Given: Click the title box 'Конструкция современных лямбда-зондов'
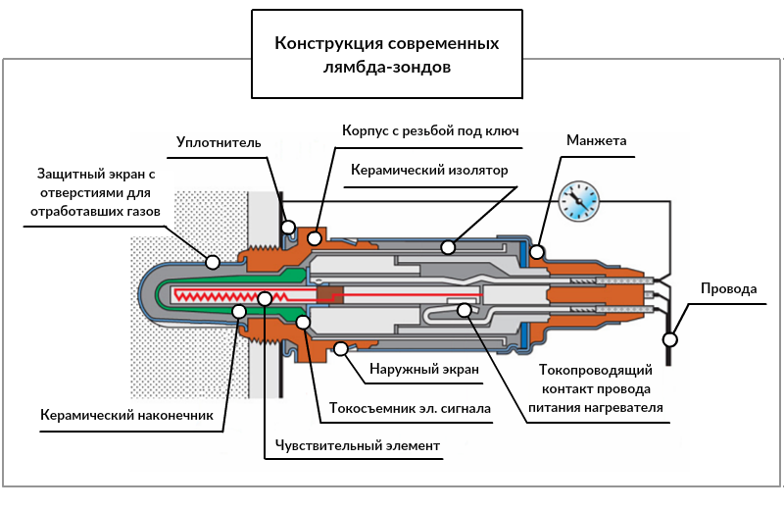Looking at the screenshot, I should [386, 56].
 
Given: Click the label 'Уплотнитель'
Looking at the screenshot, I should [219, 143].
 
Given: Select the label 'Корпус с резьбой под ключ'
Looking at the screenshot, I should [430, 129].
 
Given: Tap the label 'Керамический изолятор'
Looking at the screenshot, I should [430, 170].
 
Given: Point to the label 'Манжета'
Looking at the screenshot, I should [596, 141].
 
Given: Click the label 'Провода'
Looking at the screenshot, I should [728, 289].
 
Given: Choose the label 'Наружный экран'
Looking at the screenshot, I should [423, 370].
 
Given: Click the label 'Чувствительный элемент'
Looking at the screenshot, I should [358, 446].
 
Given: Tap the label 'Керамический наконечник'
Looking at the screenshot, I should [126, 414].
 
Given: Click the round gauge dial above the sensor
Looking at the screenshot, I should [576, 202].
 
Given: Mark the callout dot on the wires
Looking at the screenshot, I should [670, 339].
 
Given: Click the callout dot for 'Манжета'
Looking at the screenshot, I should [537, 252].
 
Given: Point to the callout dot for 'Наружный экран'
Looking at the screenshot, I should [341, 347].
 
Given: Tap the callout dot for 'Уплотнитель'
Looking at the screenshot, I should [289, 228].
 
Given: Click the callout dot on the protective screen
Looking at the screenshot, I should [212, 261].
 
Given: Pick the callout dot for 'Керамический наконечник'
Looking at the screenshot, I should [238, 311].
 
